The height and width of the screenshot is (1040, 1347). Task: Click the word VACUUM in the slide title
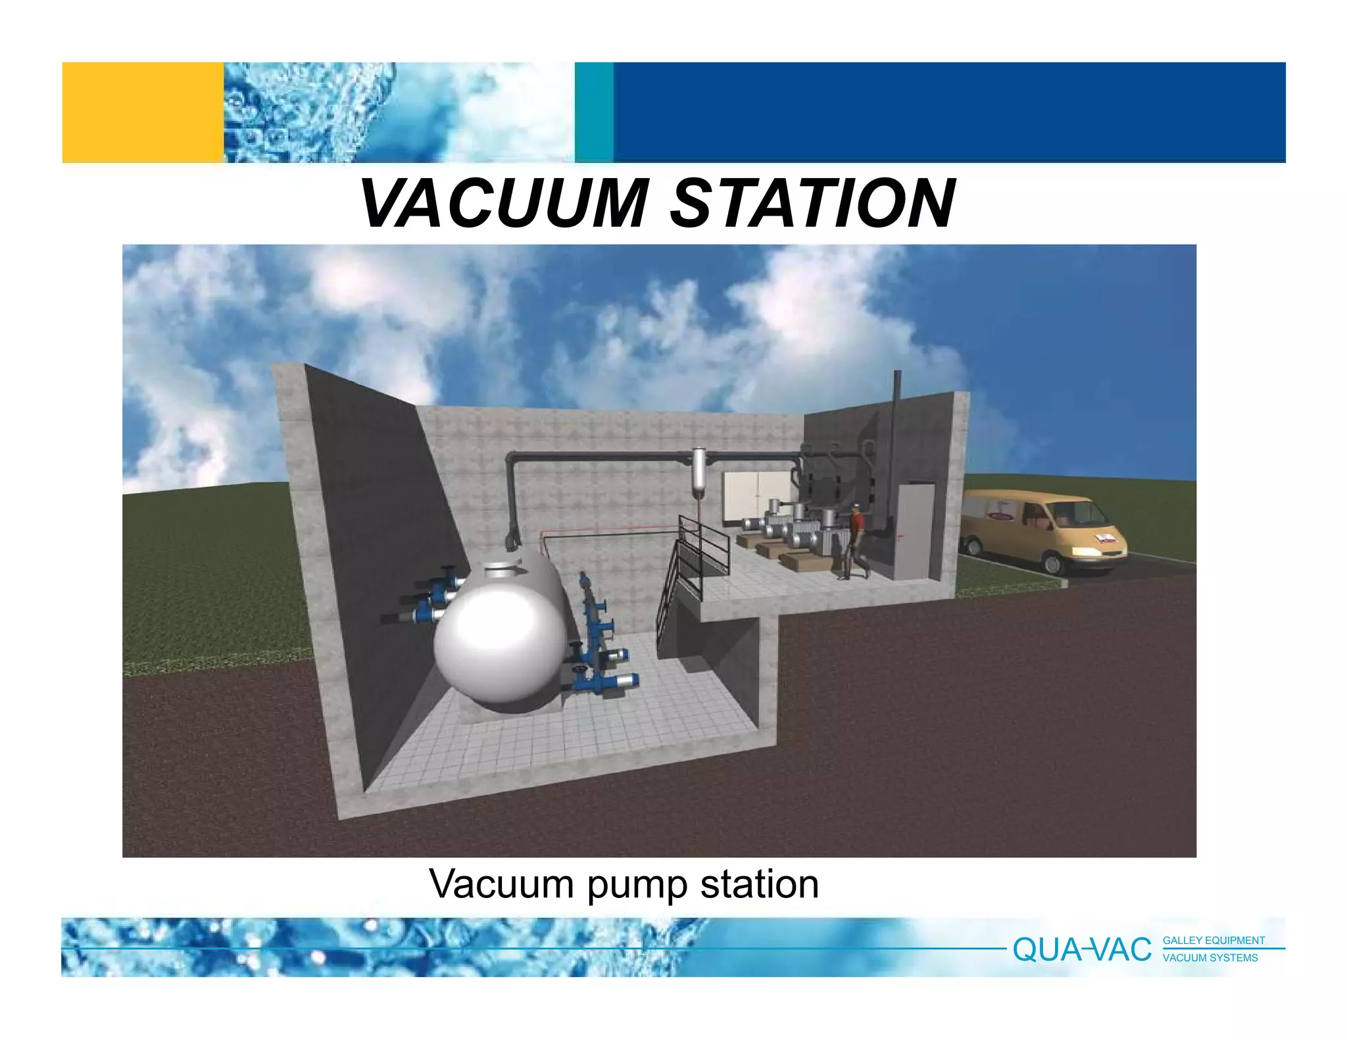coord(505,204)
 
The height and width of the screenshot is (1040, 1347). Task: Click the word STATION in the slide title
coord(813,204)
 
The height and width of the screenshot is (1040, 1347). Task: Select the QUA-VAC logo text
coord(1082,950)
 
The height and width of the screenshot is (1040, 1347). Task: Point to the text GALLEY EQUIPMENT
coord(1213,941)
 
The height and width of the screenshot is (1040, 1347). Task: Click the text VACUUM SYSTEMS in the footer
coord(1210,958)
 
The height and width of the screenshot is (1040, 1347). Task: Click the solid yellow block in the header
coord(143,112)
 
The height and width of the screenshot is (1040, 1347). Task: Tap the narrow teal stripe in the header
coord(594,112)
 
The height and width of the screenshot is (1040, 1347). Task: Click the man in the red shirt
coord(855,542)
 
